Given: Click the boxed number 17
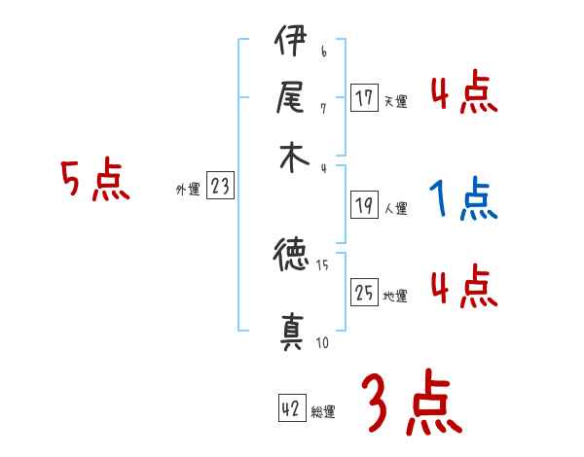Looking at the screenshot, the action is click(x=364, y=98).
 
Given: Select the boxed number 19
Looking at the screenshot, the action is click(x=364, y=205).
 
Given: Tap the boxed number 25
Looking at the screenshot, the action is click(x=364, y=294).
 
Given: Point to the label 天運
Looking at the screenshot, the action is click(x=395, y=101).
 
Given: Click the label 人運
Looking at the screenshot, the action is click(x=395, y=208).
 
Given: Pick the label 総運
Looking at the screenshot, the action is click(x=323, y=412).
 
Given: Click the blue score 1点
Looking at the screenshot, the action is click(x=463, y=200).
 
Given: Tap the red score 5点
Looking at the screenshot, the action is click(x=95, y=181).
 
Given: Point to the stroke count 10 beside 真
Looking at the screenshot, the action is click(x=321, y=342).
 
